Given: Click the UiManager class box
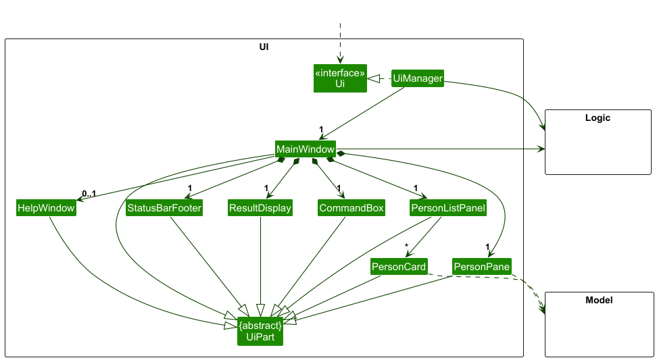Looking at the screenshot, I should pos(418,79).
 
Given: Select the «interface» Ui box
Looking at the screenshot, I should pos(340,78).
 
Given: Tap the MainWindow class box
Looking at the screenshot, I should pos(306,149).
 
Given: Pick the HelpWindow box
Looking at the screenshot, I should pos(46,209).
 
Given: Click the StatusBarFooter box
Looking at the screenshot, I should pos(164,209).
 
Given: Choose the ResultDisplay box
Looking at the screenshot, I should pos(260,209).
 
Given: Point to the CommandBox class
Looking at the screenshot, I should pos(351,209).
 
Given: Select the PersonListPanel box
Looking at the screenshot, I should pos(448,209).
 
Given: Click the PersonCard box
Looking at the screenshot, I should pos(399,267).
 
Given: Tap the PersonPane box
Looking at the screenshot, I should pos(482,267).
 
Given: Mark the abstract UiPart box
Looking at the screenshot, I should pos(260,331).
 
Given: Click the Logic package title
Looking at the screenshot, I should pos(598,118).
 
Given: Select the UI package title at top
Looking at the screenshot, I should pos(264,47).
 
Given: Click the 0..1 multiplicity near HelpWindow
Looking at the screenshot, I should pos(89,195).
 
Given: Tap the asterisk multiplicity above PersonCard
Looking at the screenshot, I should pos(407,246).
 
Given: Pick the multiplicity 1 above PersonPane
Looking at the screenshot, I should pos(487,247).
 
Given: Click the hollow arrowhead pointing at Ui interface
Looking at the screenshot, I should pos(373,79).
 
